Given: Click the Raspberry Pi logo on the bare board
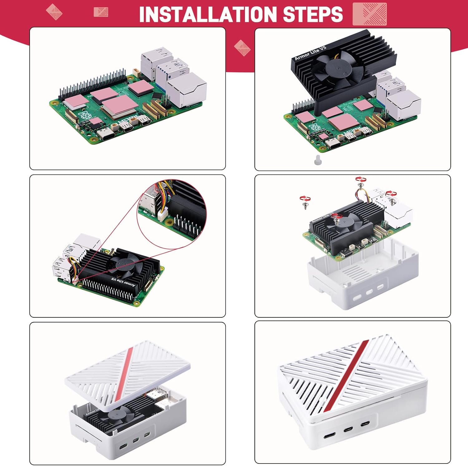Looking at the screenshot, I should [x=85, y=115].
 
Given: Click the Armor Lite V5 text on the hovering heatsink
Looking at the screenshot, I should [x=310, y=53].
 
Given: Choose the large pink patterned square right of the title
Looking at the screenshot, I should [x=369, y=14].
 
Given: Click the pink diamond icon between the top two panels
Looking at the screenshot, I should [x=242, y=48].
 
